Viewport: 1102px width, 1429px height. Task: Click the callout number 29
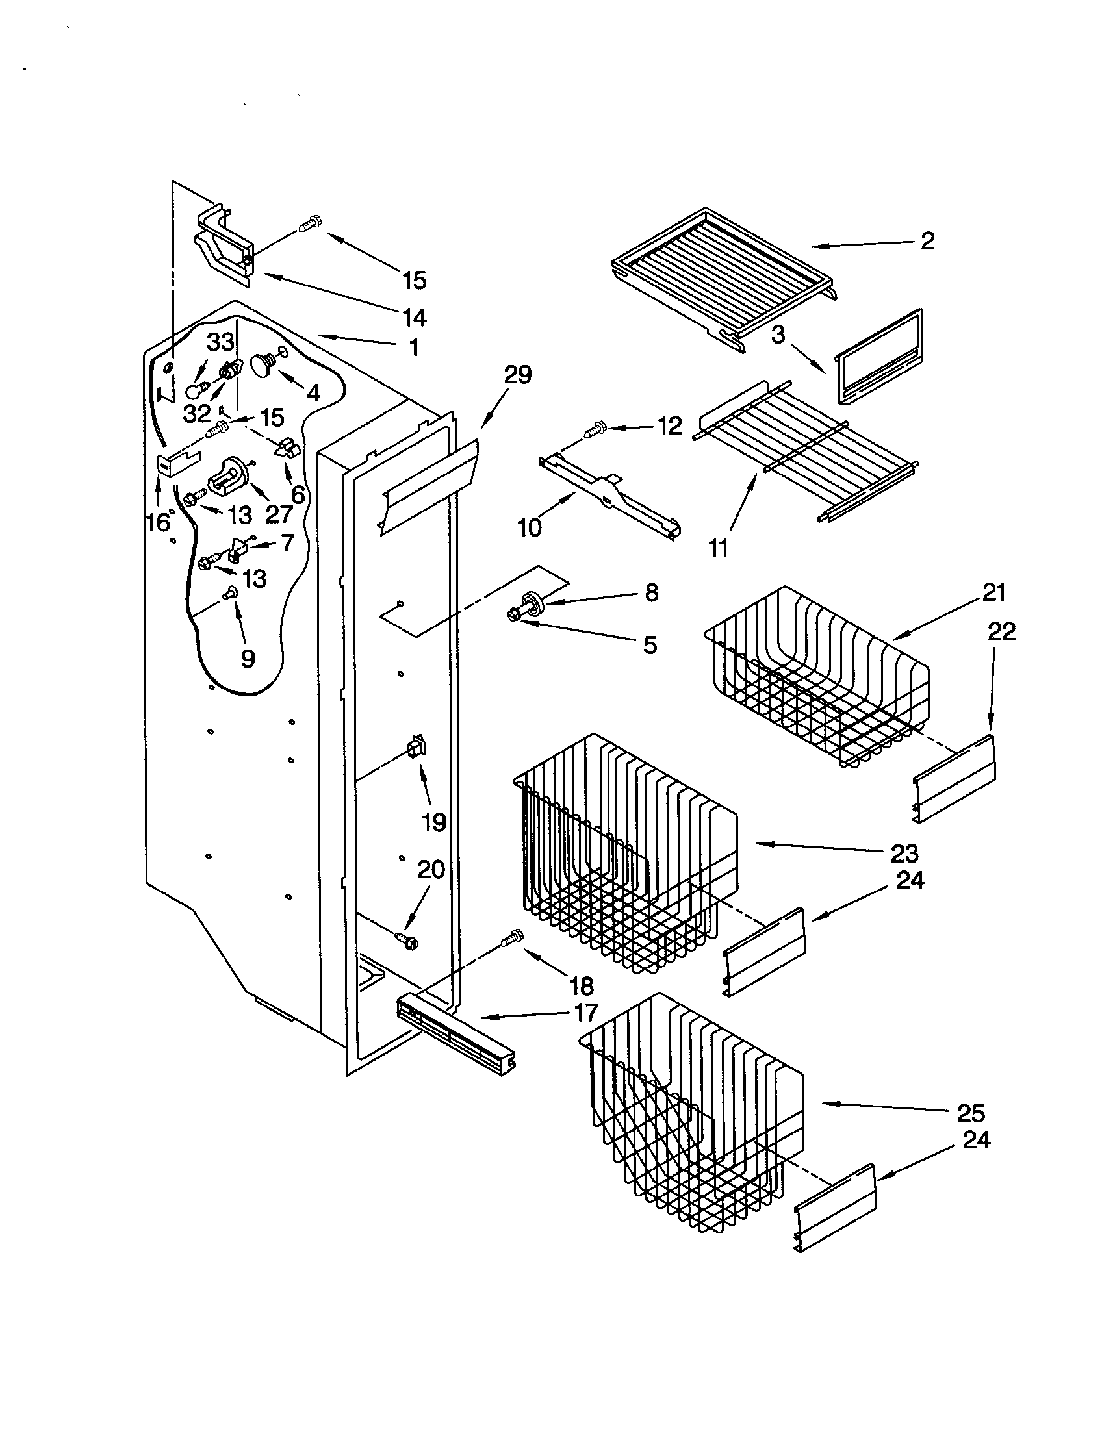(517, 375)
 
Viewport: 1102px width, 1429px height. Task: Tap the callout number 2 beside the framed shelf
(927, 241)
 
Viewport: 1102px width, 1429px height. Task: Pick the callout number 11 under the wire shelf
(719, 548)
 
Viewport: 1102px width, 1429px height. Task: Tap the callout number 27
(278, 514)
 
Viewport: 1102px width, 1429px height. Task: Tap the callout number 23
(904, 853)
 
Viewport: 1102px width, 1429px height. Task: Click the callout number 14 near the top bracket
(415, 318)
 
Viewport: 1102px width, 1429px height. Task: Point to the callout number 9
(248, 658)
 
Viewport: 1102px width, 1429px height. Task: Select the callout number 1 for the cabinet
(414, 348)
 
